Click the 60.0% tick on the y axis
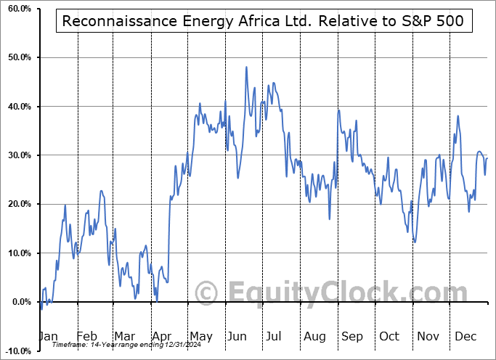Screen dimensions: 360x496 tap(17, 8)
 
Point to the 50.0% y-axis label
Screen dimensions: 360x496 tap(17, 57)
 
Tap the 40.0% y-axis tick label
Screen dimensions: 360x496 tap(17, 107)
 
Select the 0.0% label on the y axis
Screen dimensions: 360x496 tap(19, 302)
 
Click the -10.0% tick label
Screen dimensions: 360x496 tap(17, 351)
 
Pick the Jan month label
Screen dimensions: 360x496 tap(47, 336)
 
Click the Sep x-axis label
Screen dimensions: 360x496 tap(351, 336)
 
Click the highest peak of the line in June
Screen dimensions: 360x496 tap(246, 67)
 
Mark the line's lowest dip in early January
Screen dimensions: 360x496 tap(41, 309)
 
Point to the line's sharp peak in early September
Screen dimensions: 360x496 tap(338, 110)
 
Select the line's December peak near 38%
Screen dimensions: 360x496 tap(458, 116)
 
